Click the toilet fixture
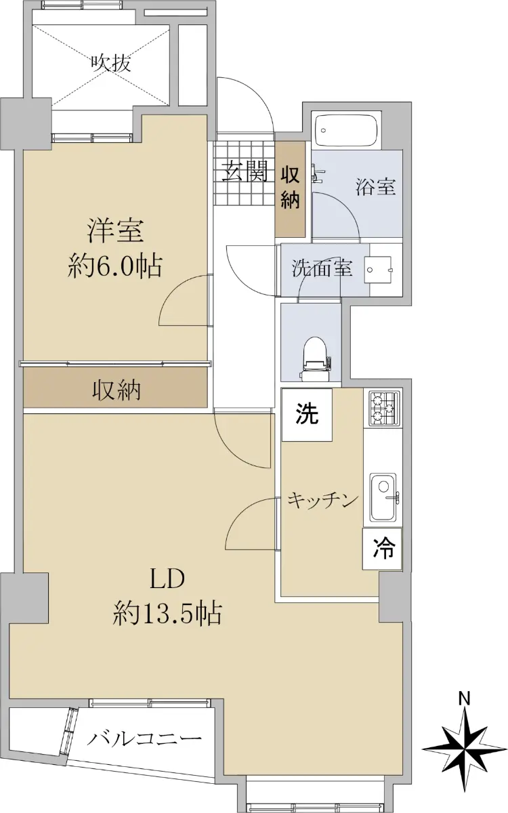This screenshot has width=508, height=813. coord(316,358)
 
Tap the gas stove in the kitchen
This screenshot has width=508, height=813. coord(384,408)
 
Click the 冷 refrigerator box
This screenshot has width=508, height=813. coord(382,548)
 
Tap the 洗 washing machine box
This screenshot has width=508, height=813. coord(307,415)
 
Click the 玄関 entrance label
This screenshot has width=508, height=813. coord(245,171)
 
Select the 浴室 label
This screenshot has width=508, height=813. coord(375,186)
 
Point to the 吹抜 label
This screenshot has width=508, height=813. coord(110,64)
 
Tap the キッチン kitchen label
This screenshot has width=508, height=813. coord(322,501)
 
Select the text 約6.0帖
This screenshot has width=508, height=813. coord(115,266)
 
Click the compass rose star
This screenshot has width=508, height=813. coord(465,749)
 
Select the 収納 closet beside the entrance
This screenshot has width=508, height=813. coord(290,189)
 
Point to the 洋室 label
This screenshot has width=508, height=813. coord(115,230)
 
